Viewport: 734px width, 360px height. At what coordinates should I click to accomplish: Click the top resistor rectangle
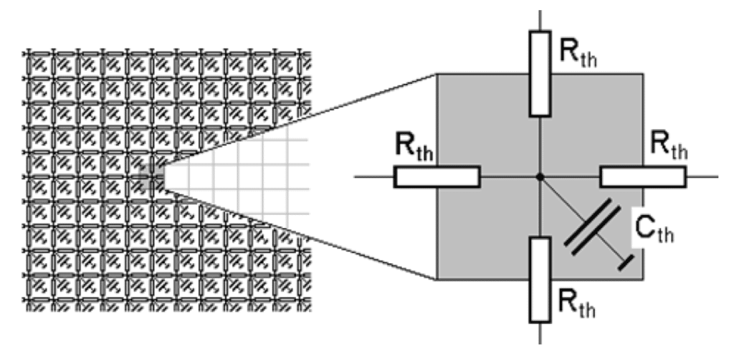(x=540, y=73)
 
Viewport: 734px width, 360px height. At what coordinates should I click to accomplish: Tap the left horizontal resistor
(x=437, y=176)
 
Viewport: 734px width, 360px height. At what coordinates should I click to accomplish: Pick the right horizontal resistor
(x=642, y=176)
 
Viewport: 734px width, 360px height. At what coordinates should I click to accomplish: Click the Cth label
(x=655, y=227)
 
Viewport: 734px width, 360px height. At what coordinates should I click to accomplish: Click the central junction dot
(x=540, y=176)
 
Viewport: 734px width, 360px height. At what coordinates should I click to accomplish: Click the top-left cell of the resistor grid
(x=40, y=63)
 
